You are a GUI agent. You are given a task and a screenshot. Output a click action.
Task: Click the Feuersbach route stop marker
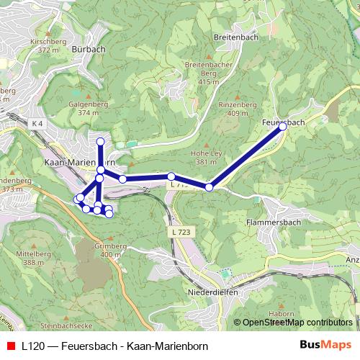pos(283,126)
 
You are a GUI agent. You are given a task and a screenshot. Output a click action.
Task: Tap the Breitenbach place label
pos(232,35)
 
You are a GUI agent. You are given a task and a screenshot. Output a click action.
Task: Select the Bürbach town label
pos(89,49)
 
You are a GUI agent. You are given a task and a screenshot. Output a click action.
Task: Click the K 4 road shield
pos(37,124)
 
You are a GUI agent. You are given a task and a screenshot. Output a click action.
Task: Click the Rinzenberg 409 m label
pos(237,109)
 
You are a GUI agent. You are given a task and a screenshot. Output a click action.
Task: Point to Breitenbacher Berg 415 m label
pos(207,73)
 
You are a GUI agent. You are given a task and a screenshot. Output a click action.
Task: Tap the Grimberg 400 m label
pos(111,251)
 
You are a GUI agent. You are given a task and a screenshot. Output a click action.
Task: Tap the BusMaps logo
pos(325,345)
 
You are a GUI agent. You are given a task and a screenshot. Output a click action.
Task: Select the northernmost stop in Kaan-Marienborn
pos(101,141)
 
